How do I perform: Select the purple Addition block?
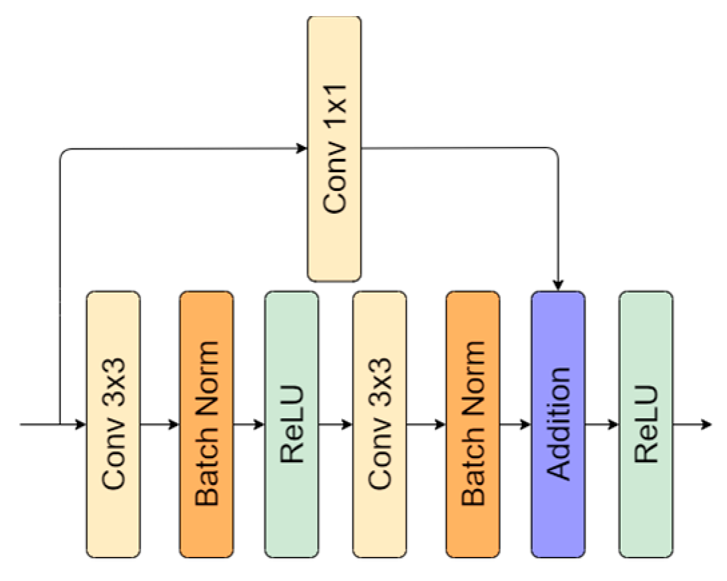point(558,424)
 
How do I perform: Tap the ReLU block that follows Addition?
point(646,424)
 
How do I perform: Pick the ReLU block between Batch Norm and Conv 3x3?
point(292,424)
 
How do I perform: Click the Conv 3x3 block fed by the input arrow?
point(113,424)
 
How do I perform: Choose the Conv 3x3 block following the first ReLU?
point(380,424)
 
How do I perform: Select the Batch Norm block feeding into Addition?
point(473,424)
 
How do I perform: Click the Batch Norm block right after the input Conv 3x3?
point(206,424)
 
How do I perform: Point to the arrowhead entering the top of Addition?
point(558,285)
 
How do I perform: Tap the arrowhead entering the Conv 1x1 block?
point(302,148)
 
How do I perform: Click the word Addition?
point(558,424)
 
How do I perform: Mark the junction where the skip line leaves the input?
point(60,424)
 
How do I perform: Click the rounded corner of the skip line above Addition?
point(554,152)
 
